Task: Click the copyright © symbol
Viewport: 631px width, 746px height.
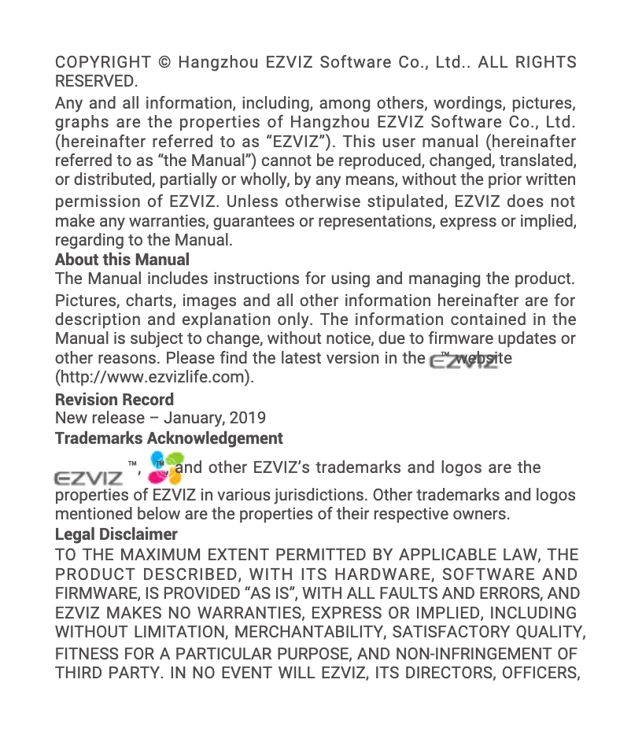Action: pyautogui.click(x=164, y=62)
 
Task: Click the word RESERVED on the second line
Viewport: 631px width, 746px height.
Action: pyautogui.click(x=94, y=81)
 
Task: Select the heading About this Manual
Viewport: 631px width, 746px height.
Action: pyautogui.click(x=122, y=260)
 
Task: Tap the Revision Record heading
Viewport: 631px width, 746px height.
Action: pyautogui.click(x=114, y=399)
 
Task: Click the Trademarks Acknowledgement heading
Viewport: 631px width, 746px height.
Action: pyautogui.click(x=168, y=438)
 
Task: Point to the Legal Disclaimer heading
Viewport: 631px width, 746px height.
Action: pyautogui.click(x=116, y=535)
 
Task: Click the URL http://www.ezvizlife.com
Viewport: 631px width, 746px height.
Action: pyautogui.click(x=154, y=377)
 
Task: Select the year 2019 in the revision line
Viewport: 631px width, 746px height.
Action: pyautogui.click(x=248, y=418)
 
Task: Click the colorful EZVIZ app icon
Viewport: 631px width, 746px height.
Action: pyautogui.click(x=165, y=468)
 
